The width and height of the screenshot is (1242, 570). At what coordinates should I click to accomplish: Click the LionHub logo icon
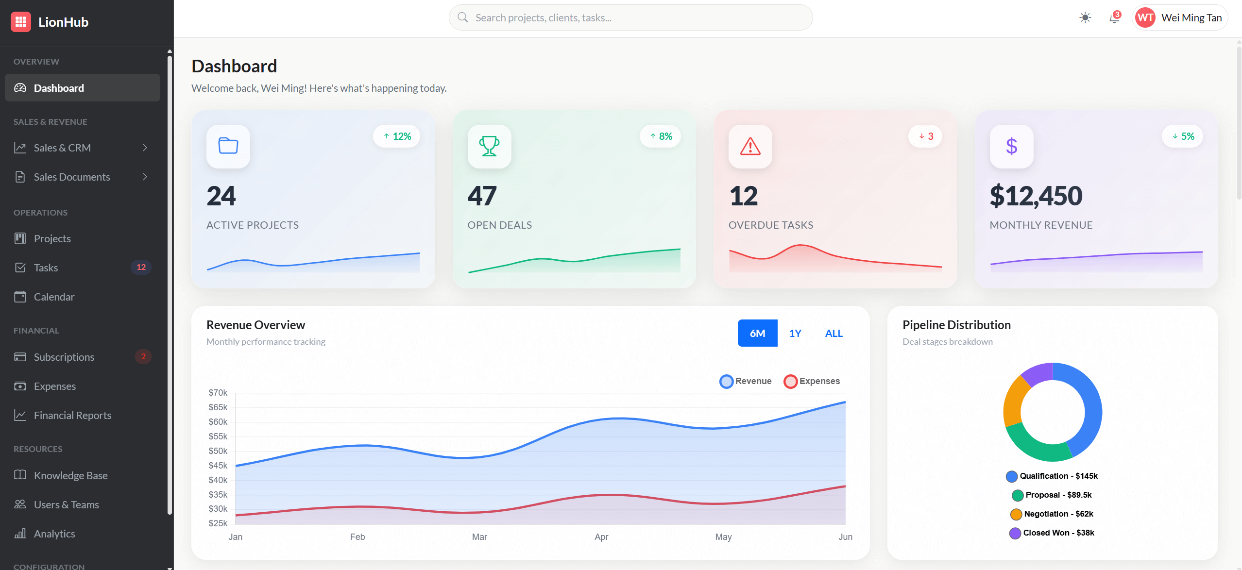(21, 22)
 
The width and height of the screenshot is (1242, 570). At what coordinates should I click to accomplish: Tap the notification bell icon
(1114, 18)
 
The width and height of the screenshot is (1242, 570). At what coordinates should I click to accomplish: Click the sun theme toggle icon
(1085, 18)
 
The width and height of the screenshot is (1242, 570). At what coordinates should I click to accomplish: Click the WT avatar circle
(1145, 18)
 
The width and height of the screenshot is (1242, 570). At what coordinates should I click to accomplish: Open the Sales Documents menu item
(72, 177)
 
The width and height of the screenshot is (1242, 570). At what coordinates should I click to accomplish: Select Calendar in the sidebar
(54, 297)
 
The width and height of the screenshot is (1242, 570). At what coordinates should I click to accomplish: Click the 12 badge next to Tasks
(141, 267)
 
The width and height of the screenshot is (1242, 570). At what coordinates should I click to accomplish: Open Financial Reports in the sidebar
(72, 415)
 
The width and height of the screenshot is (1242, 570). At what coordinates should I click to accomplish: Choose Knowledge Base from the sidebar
(70, 475)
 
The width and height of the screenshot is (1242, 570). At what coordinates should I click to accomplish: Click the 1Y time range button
(795, 333)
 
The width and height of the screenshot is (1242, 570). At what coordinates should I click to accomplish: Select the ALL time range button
(834, 333)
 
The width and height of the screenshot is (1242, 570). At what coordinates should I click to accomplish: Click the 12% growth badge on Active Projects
(397, 136)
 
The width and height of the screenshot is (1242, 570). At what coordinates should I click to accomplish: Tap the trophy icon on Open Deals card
(489, 146)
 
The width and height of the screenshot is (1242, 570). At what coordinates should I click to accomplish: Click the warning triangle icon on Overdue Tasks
(750, 146)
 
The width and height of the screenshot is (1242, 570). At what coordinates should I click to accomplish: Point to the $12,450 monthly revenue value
(1036, 196)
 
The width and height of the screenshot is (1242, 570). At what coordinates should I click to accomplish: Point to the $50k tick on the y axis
(218, 451)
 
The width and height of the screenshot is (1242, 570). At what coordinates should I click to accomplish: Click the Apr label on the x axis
(601, 536)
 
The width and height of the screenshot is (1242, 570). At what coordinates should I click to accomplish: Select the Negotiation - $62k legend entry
(1052, 514)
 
